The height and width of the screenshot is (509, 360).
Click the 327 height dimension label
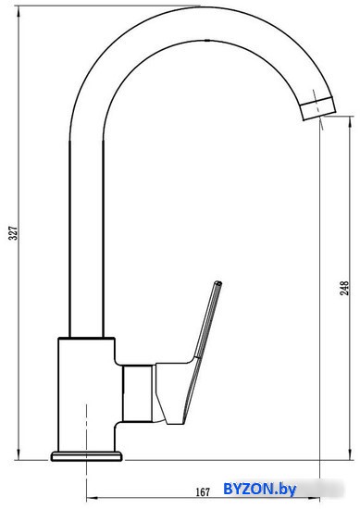point(13,233)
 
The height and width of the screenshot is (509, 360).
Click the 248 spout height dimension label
point(344,288)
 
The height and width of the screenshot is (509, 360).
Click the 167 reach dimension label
point(203,492)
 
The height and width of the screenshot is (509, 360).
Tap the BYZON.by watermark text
point(260,489)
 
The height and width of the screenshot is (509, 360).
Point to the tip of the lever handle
point(218,283)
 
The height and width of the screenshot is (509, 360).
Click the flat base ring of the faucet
point(87,456)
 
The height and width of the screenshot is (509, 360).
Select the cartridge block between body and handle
point(138,393)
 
